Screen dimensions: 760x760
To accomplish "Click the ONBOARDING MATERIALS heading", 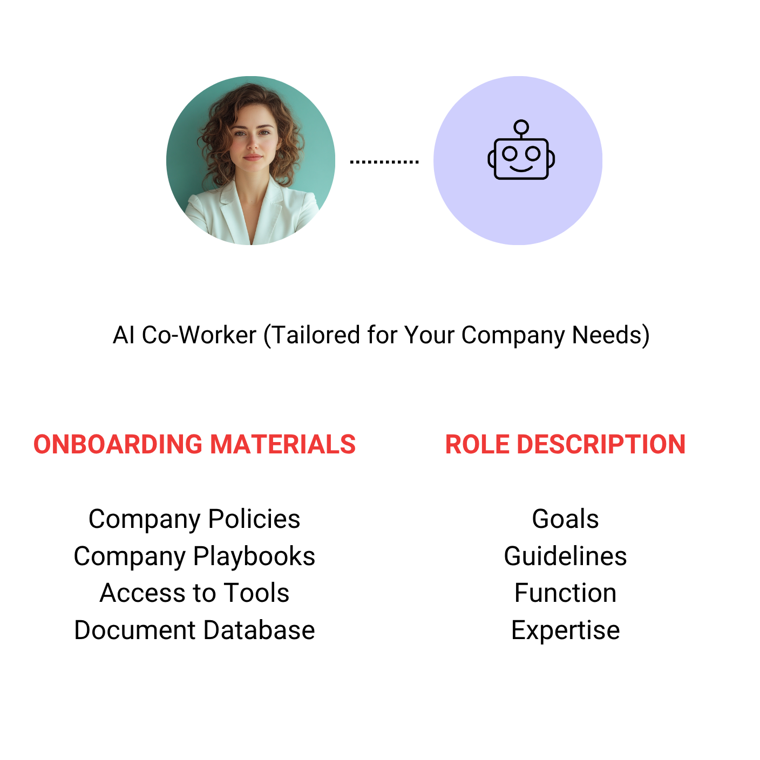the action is pos(194,445).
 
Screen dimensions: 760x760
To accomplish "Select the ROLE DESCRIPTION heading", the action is pos(565,445).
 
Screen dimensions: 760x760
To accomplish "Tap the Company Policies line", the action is pos(194,519).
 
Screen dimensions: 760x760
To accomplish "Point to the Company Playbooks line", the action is pos(194,557).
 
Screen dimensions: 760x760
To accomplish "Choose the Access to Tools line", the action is pos(194,593).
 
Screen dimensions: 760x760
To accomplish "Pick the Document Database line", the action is pos(194,630).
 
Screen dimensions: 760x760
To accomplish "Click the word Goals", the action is pos(565,519).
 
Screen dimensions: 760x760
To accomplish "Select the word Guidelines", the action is pos(565,557).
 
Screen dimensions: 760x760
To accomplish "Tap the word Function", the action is pos(565,593).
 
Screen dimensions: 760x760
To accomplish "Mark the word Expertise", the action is pos(565,630).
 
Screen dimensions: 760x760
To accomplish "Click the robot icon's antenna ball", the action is pos(521,128).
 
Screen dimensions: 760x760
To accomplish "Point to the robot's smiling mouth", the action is pos(521,168).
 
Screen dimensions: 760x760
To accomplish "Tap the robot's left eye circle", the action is pos(510,154).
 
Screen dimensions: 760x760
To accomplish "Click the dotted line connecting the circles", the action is pos(384,161).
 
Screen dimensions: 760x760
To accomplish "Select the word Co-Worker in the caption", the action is pos(199,335).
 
